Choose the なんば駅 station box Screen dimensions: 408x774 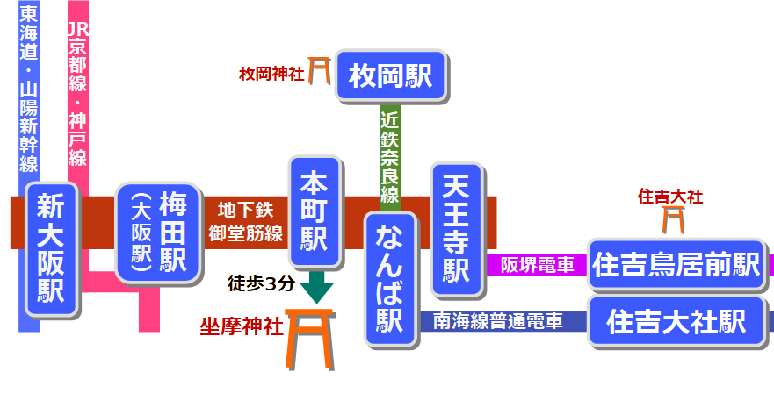tap(390, 276)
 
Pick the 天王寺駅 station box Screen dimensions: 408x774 tap(457, 228)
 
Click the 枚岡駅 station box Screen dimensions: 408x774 tap(391, 75)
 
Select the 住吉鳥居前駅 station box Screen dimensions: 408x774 tap(676, 265)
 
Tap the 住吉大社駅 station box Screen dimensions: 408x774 tap(676, 322)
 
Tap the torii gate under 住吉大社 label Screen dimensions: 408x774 tap(673, 219)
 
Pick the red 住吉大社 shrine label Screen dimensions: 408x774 tap(670, 197)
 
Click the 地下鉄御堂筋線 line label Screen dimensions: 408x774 tap(245, 222)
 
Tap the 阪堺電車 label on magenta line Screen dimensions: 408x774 tap(537, 265)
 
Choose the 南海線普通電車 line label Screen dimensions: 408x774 tap(498, 322)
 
